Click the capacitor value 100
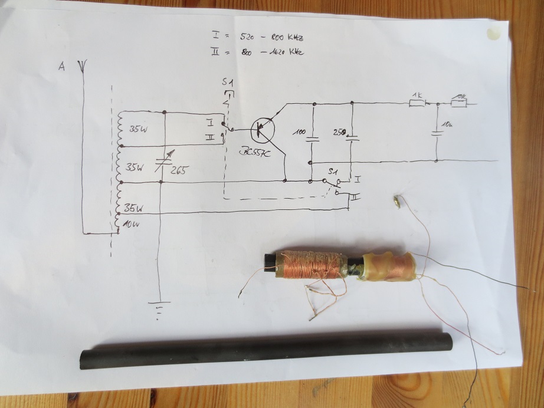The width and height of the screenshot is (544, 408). (x=299, y=133)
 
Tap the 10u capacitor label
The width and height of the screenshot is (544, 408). (x=447, y=124)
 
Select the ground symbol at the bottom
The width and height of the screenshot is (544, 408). (x=158, y=310)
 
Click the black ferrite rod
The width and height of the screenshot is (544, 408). (x=266, y=351)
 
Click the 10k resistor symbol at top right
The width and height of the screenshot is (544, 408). (x=458, y=103)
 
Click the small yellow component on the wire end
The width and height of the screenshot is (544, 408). (x=399, y=200)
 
